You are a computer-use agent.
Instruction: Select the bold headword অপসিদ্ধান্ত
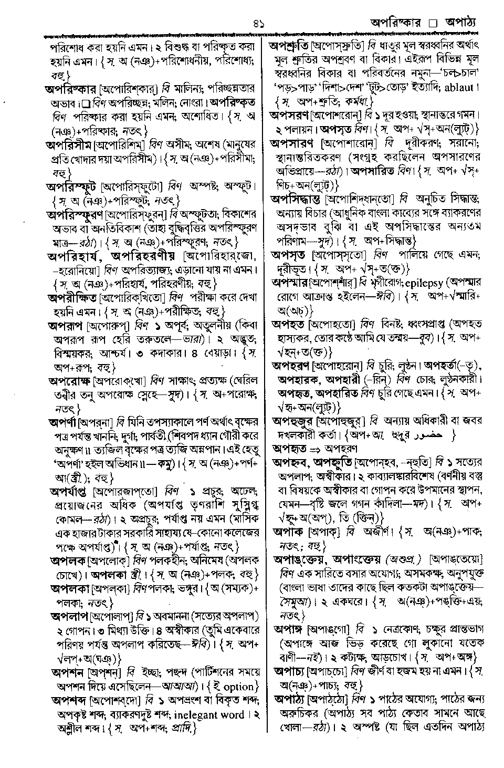click(x=297, y=199)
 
